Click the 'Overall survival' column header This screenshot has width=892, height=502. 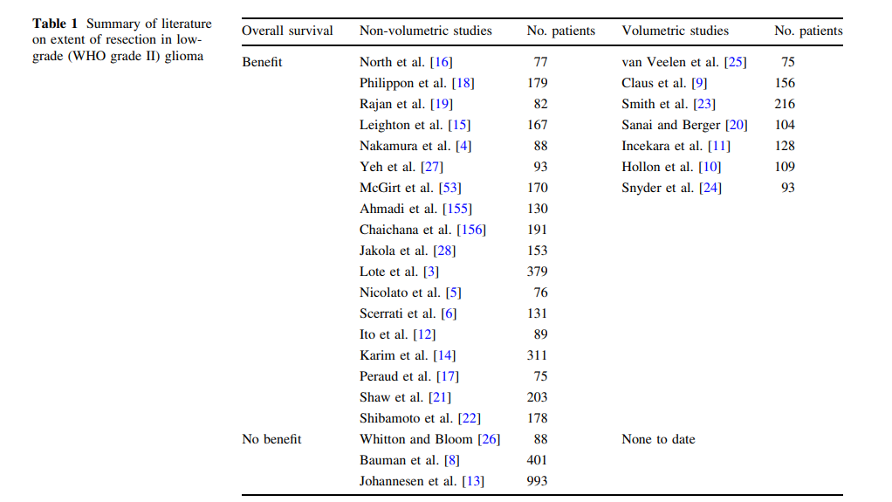[x=287, y=31]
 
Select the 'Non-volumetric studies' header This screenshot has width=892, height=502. [x=426, y=31]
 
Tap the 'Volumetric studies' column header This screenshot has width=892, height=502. [x=675, y=31]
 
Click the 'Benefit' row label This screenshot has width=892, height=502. [x=262, y=62]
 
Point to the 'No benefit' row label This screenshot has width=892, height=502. [x=271, y=439]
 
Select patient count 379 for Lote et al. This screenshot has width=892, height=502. [x=537, y=272]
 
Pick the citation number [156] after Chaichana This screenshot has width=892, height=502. [x=470, y=230]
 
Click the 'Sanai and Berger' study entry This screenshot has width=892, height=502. [x=671, y=125]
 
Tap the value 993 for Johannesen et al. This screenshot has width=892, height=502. [x=537, y=481]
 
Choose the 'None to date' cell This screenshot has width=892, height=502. [x=658, y=439]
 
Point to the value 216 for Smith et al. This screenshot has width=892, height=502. [x=785, y=104]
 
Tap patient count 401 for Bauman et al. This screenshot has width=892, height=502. [x=537, y=460]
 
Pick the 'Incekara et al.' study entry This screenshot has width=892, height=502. [x=662, y=146]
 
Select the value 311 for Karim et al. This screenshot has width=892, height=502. [x=537, y=355]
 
